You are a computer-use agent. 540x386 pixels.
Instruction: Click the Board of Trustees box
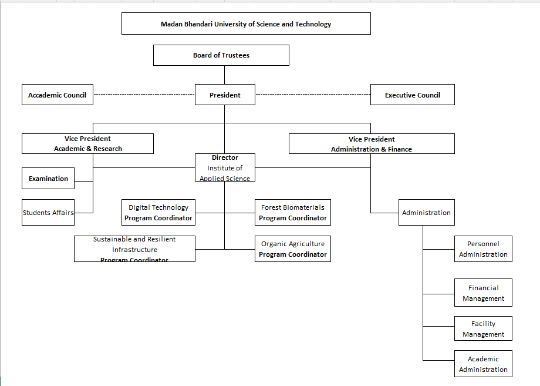point(221,55)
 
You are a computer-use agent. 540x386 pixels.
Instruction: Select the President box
point(225,95)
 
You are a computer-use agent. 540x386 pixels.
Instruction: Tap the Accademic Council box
point(57,95)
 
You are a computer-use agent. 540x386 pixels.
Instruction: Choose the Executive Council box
point(412,95)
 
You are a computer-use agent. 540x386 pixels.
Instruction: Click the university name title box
point(246,24)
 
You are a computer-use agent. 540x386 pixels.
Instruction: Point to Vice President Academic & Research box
point(87,144)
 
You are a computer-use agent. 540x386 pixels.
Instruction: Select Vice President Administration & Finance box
point(372,144)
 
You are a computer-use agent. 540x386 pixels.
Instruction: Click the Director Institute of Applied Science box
point(225,167)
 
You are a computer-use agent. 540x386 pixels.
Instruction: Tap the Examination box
point(48,179)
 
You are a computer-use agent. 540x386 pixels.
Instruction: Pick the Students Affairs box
point(48,213)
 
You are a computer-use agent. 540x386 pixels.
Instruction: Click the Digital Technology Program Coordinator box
point(158,213)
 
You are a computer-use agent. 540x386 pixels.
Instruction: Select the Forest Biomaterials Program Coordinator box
point(292,213)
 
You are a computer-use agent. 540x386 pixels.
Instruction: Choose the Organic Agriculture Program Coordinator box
point(292,249)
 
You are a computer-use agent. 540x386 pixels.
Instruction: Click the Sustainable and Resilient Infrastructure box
point(134,249)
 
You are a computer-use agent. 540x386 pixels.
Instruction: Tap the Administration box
point(426,213)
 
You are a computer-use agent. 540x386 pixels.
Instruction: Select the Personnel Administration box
point(483,249)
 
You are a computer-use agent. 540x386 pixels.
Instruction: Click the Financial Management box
point(483,293)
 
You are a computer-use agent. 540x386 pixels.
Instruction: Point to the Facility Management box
point(483,329)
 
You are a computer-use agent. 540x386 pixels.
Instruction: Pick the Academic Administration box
point(483,364)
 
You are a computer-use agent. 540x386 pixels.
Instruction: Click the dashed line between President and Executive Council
point(313,94)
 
